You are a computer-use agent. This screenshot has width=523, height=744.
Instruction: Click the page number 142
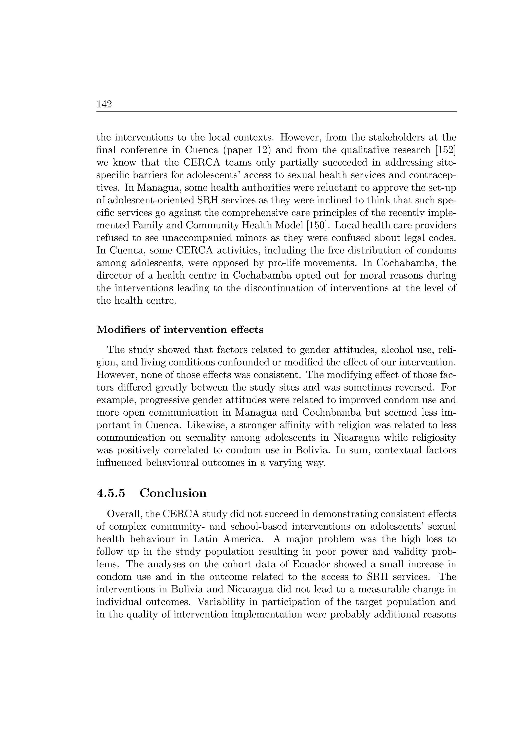tap(104, 104)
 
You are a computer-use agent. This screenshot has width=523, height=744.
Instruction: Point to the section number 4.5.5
tap(111, 493)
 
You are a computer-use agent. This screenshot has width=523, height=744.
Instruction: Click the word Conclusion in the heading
tap(173, 493)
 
